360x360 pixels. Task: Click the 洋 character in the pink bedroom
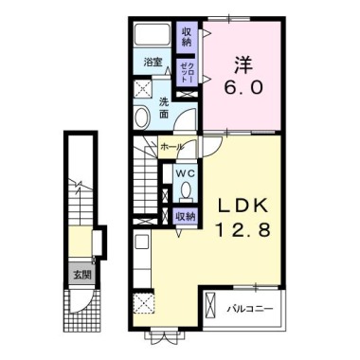coord(243,66)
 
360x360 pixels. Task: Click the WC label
coord(186,172)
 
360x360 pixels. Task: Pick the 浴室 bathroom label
coord(153,63)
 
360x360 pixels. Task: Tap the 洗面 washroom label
coord(163,107)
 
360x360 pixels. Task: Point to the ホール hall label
coord(171,147)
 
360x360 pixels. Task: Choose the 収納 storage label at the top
coord(187,37)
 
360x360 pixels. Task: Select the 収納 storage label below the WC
coord(185,216)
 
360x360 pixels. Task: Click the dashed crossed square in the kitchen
coord(146,304)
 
